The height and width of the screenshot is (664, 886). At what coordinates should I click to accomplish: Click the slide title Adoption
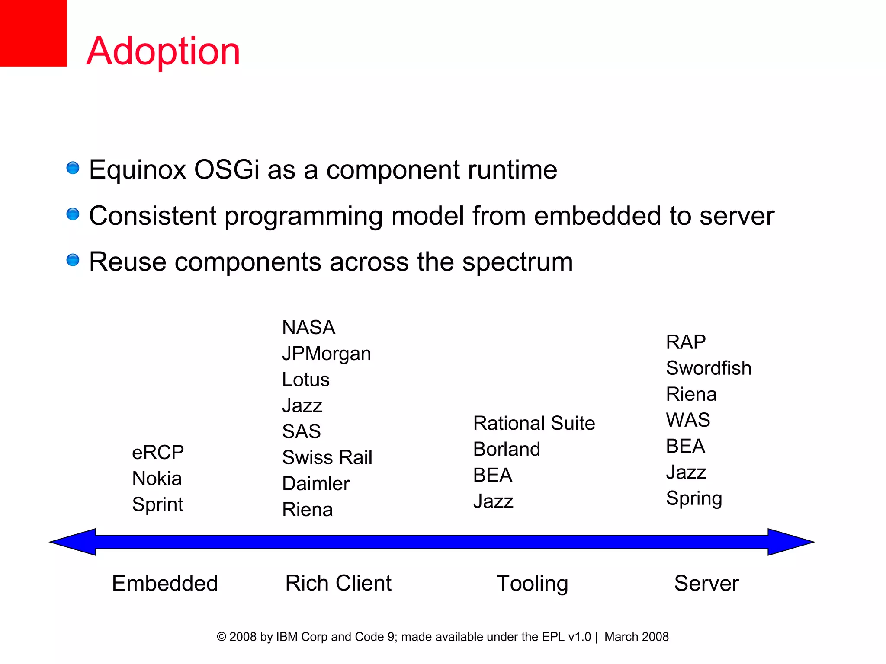(163, 51)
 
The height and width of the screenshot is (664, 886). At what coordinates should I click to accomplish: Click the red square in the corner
(33, 33)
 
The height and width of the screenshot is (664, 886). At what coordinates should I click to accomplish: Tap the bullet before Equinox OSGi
(73, 168)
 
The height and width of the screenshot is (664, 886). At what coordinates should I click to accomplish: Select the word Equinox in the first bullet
(137, 170)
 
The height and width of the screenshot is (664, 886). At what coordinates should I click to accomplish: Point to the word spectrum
(517, 262)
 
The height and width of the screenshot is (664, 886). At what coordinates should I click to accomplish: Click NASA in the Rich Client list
(308, 327)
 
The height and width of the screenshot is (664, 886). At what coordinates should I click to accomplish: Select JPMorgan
(326, 354)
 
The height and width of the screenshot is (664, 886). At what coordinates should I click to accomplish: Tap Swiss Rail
(327, 457)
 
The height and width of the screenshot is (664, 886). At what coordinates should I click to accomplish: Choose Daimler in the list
(316, 483)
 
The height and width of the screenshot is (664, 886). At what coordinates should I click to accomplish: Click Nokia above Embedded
(157, 479)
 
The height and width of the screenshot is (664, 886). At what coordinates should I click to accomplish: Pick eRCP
(158, 453)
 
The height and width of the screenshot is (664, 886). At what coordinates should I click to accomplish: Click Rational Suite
(534, 423)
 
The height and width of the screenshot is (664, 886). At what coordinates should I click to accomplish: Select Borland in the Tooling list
(507, 449)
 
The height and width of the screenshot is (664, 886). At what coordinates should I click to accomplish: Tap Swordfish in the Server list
(709, 368)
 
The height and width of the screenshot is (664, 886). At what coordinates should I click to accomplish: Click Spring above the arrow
(694, 498)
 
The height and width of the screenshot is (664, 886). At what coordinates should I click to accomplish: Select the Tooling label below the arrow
(532, 583)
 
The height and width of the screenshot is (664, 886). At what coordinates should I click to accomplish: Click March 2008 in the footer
(636, 637)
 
